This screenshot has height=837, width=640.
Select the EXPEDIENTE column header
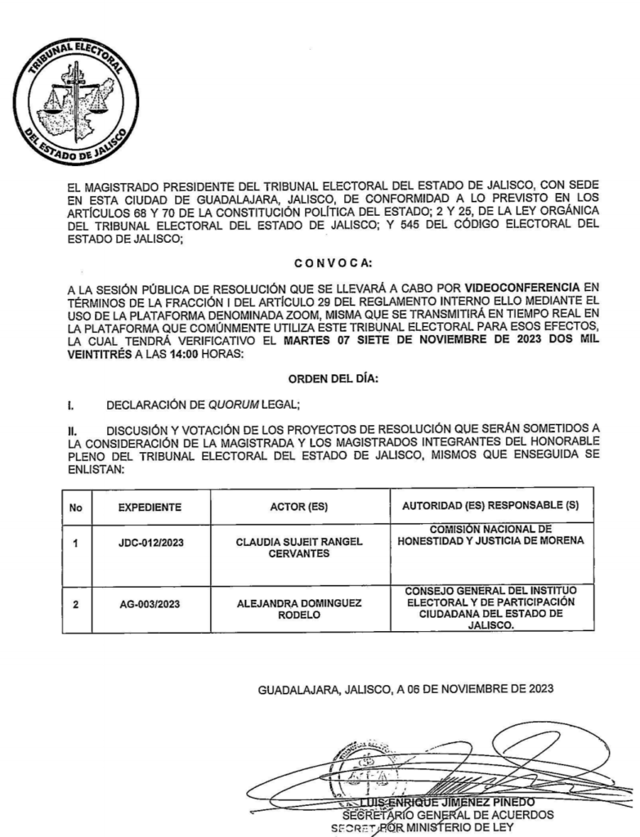click(x=150, y=507)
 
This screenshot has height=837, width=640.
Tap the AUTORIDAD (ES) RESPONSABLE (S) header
click(x=491, y=507)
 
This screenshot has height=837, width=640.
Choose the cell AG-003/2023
click(x=150, y=606)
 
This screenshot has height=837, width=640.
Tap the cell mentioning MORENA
click(x=491, y=534)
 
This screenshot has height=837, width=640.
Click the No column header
click(x=76, y=507)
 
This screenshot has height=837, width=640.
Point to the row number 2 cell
click(x=76, y=606)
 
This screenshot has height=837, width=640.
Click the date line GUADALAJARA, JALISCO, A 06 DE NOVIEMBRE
click(x=405, y=688)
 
